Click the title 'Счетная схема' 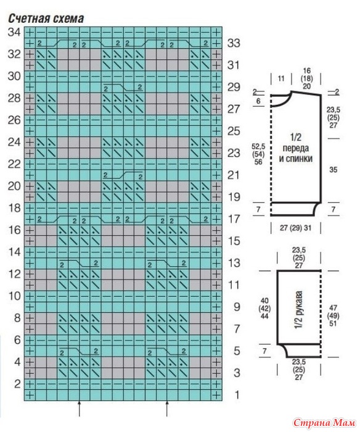[x=46, y=19]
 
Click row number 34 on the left [x=14, y=32]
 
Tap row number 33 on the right [x=234, y=43]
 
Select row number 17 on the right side [x=234, y=219]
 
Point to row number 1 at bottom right [x=237, y=395]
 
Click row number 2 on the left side [x=18, y=384]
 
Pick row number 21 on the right [x=234, y=175]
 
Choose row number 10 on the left [x=14, y=296]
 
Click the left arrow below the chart [x=80, y=409]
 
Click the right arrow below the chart [x=167, y=409]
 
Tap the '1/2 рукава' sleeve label [x=299, y=310]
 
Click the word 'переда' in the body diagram [x=296, y=148]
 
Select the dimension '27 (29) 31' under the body [x=296, y=228]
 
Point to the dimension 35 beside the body [x=333, y=170]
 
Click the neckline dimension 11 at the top [x=280, y=79]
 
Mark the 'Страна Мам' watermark [x=324, y=422]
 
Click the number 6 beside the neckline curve [x=258, y=101]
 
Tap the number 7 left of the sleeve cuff [x=264, y=351]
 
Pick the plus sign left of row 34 [x=30, y=32]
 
